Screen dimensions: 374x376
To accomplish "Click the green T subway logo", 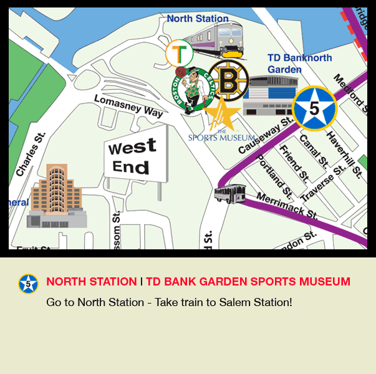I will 179,54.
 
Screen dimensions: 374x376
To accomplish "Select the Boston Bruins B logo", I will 228,80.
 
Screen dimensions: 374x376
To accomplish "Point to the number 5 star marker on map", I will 314,108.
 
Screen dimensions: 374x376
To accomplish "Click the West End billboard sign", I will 135,157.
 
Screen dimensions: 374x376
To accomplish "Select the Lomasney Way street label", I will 128,106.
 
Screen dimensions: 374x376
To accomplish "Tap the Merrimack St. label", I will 287,206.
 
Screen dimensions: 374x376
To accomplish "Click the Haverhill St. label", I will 340,153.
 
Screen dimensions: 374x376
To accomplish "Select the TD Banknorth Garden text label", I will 299,63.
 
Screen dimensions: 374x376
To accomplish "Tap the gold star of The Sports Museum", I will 222,114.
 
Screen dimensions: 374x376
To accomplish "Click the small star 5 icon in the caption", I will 28,284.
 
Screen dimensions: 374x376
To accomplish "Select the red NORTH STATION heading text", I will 92,282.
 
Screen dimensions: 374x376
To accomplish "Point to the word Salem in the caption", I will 232,302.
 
